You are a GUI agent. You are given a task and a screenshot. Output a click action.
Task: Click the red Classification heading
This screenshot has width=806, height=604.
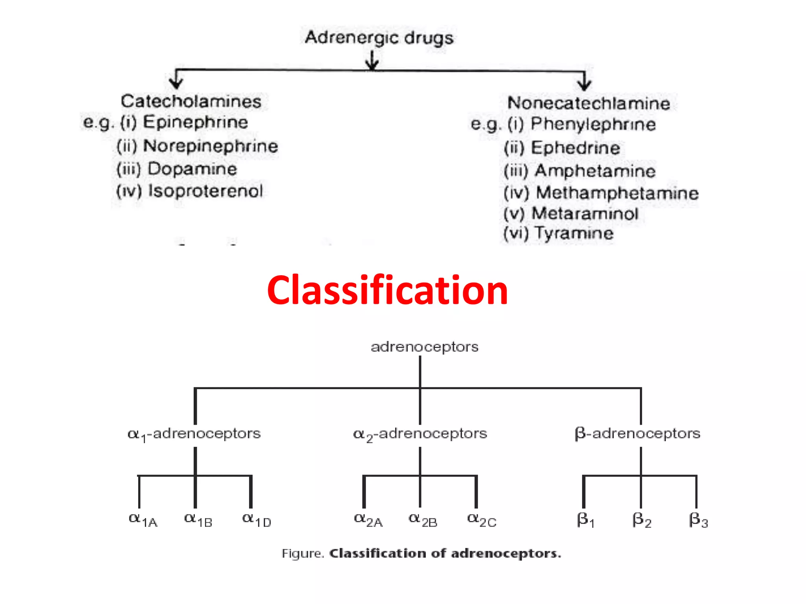click(387, 290)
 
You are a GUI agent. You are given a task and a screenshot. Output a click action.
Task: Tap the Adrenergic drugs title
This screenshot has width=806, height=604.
click(379, 38)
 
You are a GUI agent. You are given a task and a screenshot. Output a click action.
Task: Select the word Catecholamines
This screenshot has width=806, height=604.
click(191, 101)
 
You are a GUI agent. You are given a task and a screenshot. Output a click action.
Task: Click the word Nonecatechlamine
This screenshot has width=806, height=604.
click(589, 103)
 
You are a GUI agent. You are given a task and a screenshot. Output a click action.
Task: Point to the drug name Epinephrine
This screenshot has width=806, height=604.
click(195, 122)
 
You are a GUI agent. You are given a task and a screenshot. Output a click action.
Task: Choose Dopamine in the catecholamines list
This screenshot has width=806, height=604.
click(192, 169)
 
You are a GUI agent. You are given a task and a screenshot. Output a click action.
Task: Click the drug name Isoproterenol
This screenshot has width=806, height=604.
click(205, 191)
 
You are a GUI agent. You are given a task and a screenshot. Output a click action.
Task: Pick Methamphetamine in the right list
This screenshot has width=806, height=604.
click(617, 193)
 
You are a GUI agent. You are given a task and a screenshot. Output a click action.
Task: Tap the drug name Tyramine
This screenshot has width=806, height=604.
click(574, 233)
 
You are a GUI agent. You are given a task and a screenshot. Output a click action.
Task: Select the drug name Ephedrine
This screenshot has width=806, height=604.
click(575, 148)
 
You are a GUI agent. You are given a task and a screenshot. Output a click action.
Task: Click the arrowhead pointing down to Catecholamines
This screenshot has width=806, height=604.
click(176, 83)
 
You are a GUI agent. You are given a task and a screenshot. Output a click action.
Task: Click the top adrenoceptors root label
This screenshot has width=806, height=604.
click(424, 347)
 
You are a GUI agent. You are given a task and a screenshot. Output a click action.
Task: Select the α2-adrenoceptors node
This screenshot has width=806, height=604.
click(420, 434)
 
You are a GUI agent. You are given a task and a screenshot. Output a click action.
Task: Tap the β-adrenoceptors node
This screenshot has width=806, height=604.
click(637, 433)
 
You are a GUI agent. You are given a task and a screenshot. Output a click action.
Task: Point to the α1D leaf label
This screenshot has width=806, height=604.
click(257, 520)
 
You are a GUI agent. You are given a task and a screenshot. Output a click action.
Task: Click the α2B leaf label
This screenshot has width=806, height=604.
click(423, 520)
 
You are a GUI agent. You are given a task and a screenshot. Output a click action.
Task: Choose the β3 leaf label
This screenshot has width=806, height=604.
click(698, 520)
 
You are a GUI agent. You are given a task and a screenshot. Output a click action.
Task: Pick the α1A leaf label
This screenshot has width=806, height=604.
click(143, 520)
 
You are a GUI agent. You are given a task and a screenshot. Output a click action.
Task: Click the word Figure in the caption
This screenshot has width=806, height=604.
click(302, 554)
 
